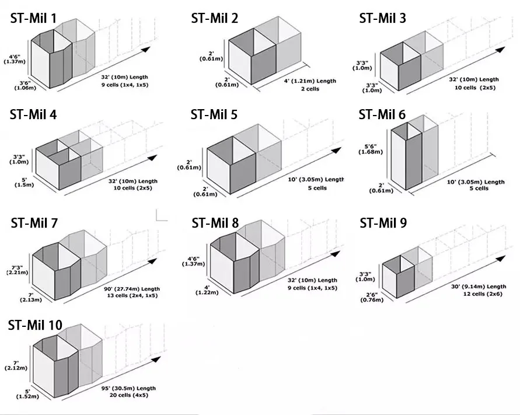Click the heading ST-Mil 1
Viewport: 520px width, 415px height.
[33, 18]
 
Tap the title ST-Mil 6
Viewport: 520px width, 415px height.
[382, 114]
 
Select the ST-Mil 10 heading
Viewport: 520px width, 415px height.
[36, 325]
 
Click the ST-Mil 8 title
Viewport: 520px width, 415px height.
[215, 223]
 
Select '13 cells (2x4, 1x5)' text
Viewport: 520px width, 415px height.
[130, 295]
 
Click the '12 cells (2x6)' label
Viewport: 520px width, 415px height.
[477, 293]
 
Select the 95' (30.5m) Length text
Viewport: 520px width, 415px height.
[125, 388]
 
